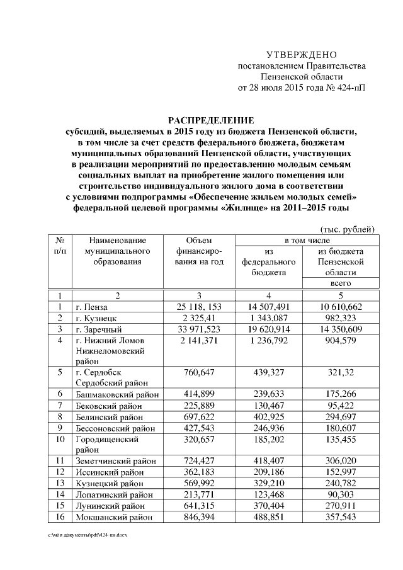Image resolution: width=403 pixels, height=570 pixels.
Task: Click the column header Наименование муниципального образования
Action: click(x=117, y=251)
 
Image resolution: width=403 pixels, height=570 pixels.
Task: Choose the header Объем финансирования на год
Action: click(x=200, y=251)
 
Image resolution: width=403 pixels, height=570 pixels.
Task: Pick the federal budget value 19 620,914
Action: click(x=269, y=329)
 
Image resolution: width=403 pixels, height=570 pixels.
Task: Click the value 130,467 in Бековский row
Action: click(x=269, y=406)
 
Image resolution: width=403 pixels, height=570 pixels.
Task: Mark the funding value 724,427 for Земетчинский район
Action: click(x=200, y=460)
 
